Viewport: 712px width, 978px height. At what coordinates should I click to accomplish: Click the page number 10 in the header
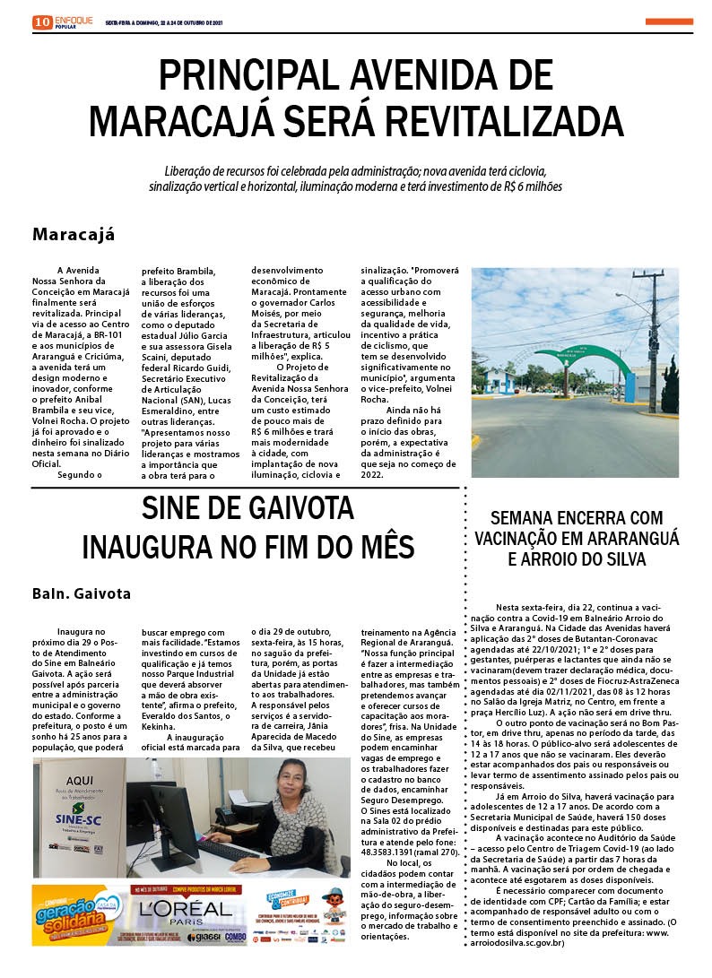[41, 22]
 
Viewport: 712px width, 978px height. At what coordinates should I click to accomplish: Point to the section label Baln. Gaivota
[82, 593]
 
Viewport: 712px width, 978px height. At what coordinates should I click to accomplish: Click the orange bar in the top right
[668, 21]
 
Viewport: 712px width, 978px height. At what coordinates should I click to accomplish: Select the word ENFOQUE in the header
[74, 18]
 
